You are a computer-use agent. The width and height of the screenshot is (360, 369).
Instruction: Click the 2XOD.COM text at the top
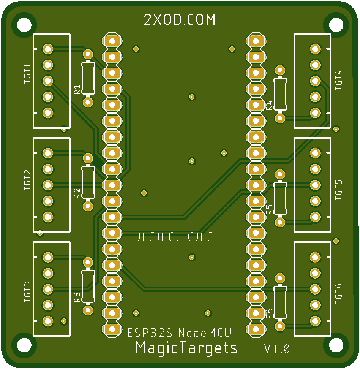pyautogui.click(x=180, y=20)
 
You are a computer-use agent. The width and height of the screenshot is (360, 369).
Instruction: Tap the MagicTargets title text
pyautogui.click(x=186, y=348)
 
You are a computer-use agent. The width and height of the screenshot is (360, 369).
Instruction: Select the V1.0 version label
pyautogui.click(x=277, y=349)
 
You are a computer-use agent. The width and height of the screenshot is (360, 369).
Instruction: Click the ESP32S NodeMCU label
pyautogui.click(x=179, y=333)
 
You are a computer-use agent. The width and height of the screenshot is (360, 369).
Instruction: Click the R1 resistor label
pyautogui.click(x=77, y=90)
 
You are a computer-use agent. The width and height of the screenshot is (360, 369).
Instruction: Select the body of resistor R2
pyautogui.click(x=88, y=182)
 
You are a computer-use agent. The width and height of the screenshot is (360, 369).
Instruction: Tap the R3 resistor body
pyautogui.click(x=88, y=286)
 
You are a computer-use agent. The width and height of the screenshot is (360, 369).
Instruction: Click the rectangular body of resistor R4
pyautogui.click(x=280, y=93)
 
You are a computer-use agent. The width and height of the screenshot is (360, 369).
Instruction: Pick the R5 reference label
pyautogui.click(x=269, y=209)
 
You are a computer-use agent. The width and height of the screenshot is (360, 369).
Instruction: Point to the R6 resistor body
pyautogui.click(x=280, y=302)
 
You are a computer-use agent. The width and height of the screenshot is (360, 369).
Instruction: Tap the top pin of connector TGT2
pyautogui.click(x=48, y=153)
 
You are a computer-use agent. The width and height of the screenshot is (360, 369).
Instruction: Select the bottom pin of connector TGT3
pyautogui.click(x=48, y=321)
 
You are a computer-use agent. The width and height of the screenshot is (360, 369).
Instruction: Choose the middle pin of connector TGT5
pyautogui.click(x=315, y=185)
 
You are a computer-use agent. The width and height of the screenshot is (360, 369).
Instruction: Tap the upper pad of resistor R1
pyautogui.click(x=88, y=53)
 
